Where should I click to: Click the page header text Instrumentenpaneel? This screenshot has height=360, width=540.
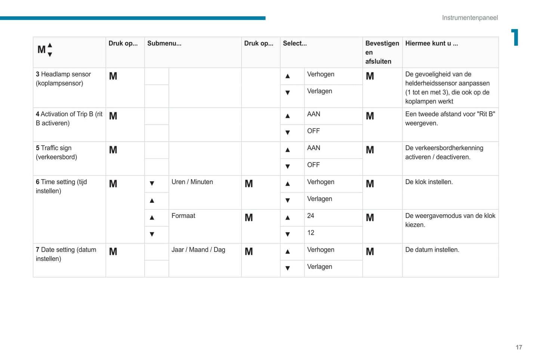pyautogui.click(x=470, y=18)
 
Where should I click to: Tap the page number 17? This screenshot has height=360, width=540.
pyautogui.click(x=519, y=347)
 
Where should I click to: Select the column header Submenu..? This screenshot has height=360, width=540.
pyautogui.click(x=164, y=43)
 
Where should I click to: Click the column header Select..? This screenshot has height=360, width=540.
pyautogui.click(x=294, y=43)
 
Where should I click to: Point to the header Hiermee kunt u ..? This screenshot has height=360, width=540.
pyautogui.click(x=431, y=43)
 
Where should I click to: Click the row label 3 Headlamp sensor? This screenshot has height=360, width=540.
pyautogui.click(x=63, y=78)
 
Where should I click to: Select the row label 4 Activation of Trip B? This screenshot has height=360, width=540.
pyautogui.click(x=69, y=118)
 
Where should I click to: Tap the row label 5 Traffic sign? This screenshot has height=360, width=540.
pyautogui.click(x=56, y=152)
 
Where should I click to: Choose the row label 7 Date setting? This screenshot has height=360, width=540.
pyautogui.click(x=66, y=254)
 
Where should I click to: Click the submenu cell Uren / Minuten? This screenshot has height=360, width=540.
pyautogui.click(x=192, y=182)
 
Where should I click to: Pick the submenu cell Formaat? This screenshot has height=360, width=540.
pyautogui.click(x=183, y=216)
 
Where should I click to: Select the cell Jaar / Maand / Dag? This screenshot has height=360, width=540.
pyautogui.click(x=198, y=250)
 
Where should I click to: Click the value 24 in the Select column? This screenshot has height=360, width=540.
pyautogui.click(x=311, y=216)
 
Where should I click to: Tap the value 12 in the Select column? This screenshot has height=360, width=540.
pyautogui.click(x=311, y=233)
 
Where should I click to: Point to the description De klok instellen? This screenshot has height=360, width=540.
pyautogui.click(x=429, y=182)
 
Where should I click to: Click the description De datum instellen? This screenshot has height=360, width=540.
pyautogui.click(x=432, y=250)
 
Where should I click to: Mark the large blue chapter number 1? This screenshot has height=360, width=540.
pyautogui.click(x=515, y=37)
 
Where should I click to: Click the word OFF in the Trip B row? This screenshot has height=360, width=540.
pyautogui.click(x=313, y=131)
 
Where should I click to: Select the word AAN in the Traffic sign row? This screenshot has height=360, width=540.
pyautogui.click(x=314, y=148)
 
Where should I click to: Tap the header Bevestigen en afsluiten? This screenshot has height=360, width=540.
pyautogui.click(x=382, y=52)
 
